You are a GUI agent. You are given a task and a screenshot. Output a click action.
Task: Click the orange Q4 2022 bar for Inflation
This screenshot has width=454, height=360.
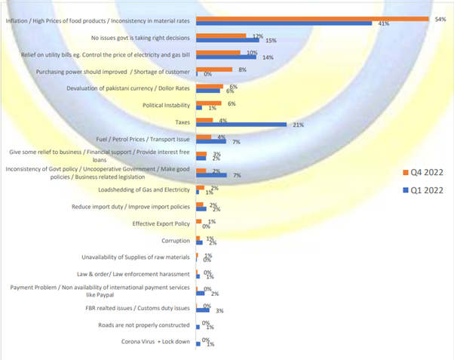point(312,19)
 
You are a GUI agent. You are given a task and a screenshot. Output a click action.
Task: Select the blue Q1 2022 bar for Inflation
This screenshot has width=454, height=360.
point(284,23)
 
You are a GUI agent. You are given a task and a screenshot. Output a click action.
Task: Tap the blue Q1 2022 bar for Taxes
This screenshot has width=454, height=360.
point(241,124)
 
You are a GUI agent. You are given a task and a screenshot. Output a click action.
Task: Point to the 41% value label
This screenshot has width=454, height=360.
point(383,24)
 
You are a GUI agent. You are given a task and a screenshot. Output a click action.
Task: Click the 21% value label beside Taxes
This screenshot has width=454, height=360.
point(299,125)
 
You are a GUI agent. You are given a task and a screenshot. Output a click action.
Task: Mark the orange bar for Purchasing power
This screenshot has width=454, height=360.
point(214,69)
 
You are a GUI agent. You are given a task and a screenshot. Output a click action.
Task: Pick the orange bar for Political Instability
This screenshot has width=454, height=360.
point(209,103)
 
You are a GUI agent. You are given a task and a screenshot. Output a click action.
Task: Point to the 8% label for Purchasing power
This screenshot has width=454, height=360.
point(242,69)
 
